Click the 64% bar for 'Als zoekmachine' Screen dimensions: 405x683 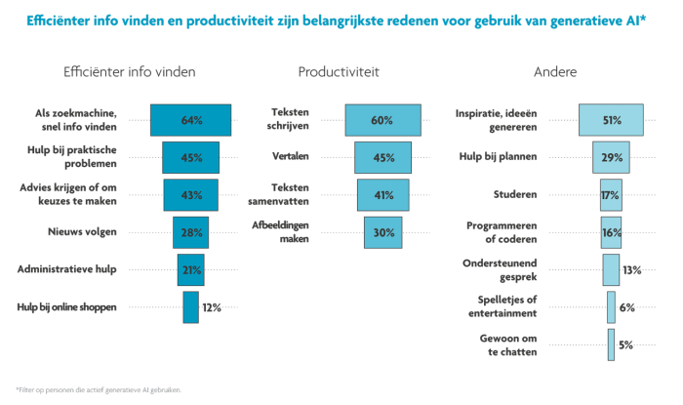coord(190,120)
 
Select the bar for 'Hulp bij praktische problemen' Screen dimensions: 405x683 coord(190,157)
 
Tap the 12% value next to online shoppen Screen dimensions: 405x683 coord(211,307)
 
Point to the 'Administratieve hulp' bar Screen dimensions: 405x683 coord(190,269)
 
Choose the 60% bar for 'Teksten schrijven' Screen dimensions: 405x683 coord(382,120)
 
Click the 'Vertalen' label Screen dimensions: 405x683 coord(291,156)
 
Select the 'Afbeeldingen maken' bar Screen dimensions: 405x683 coord(382,232)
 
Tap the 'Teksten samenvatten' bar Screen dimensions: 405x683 coord(382,194)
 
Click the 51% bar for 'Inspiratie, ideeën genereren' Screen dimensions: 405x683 coord(612,120)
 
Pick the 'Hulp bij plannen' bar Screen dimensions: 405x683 coord(612,157)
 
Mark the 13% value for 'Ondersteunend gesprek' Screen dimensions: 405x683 coord(631,269)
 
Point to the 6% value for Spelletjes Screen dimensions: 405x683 coord(626,307)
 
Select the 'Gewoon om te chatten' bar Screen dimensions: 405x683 coord(612,344)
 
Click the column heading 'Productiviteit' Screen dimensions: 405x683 coord(339,72)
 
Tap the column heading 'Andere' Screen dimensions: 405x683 coord(554,72)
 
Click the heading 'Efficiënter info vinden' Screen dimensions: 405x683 coord(129,72)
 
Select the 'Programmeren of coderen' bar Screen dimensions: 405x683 coord(612,232)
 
